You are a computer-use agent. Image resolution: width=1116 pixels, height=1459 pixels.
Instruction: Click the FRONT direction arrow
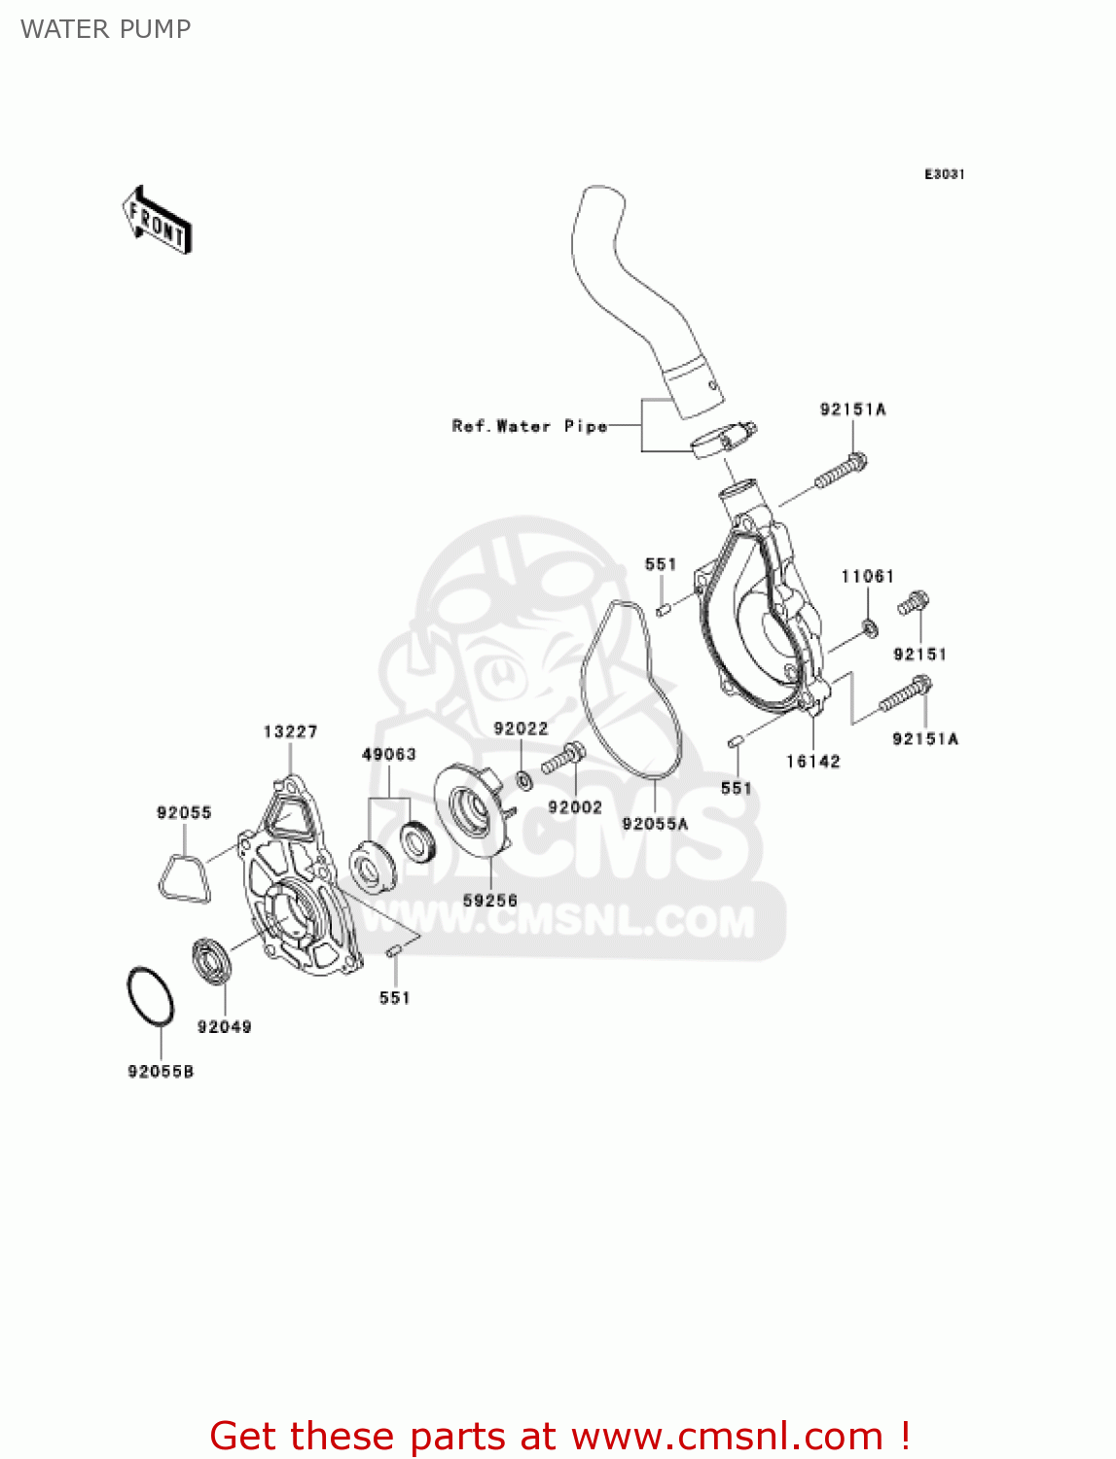tap(157, 221)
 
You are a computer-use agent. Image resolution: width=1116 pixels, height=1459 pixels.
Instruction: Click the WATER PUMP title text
tap(105, 29)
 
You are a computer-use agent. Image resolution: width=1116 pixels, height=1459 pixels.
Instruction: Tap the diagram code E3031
tap(944, 174)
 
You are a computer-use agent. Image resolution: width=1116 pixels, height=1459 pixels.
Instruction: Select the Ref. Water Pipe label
tap(529, 426)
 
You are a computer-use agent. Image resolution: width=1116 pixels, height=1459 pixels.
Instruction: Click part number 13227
tap(290, 731)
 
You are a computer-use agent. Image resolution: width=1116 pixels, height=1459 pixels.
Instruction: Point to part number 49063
tap(389, 754)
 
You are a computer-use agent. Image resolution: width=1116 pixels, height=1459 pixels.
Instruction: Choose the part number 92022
tap(521, 729)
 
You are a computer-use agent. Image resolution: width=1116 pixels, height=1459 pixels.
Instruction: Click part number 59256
tap(490, 901)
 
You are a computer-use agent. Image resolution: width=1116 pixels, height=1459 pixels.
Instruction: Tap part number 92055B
tap(161, 1071)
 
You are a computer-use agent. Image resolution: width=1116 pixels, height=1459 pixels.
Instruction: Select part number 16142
tap(812, 762)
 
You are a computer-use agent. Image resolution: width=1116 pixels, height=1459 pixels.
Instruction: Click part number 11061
tap(867, 577)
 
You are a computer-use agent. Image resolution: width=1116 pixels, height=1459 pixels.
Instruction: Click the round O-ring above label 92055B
tap(151, 996)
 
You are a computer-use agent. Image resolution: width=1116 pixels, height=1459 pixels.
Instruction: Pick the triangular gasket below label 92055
tap(183, 879)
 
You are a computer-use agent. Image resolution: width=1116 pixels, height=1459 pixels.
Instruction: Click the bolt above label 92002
tap(563, 758)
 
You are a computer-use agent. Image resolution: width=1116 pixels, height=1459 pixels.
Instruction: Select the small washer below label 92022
tap(524, 779)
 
